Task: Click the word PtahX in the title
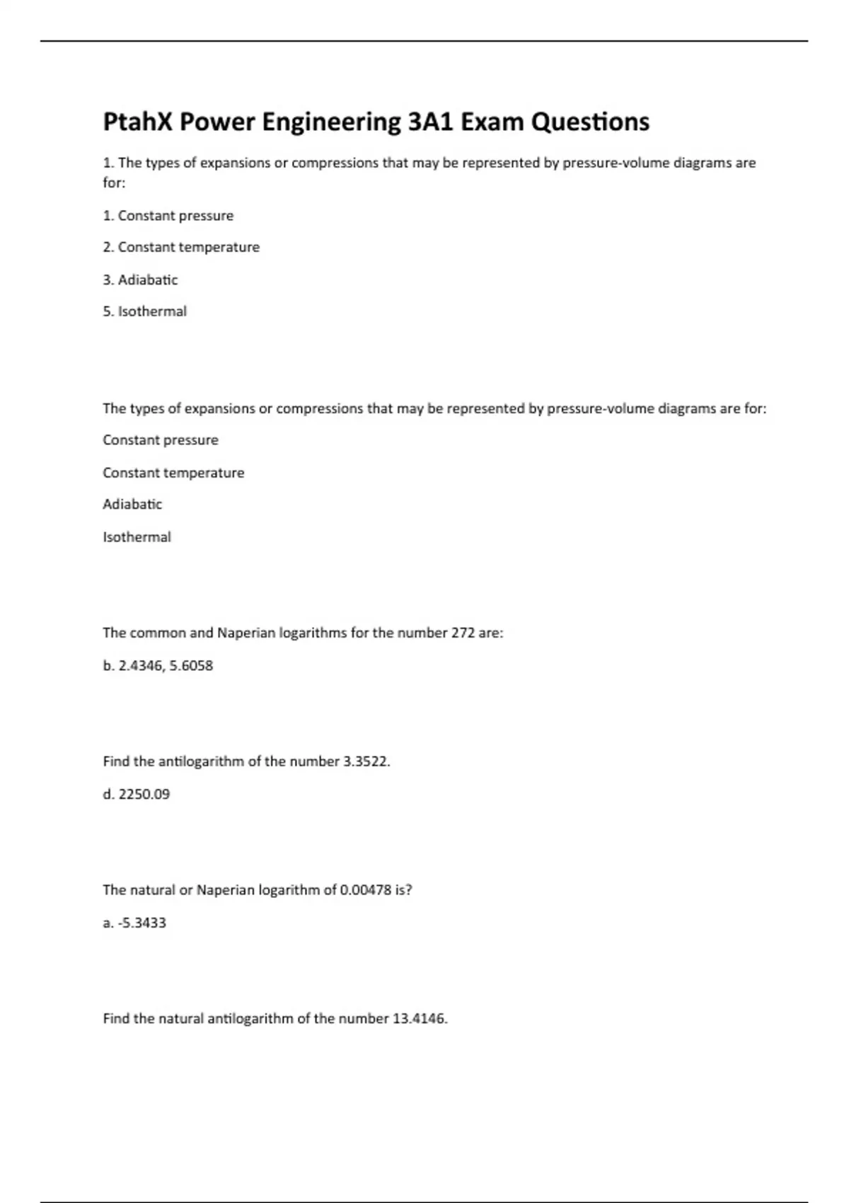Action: (x=138, y=122)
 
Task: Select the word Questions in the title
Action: (x=590, y=122)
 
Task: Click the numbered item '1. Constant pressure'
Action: (x=168, y=215)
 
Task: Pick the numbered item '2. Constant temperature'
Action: (x=181, y=247)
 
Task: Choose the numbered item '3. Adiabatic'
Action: (x=140, y=280)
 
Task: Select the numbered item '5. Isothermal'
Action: (x=144, y=311)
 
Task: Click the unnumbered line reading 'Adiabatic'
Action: (x=132, y=505)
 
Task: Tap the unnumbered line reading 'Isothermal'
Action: (x=137, y=537)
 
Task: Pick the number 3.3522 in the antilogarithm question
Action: (x=366, y=761)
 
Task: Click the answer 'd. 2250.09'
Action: (x=137, y=794)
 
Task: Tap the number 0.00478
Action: (x=365, y=890)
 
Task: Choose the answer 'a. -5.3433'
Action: (x=134, y=923)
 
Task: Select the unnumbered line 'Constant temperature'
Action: (x=173, y=473)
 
